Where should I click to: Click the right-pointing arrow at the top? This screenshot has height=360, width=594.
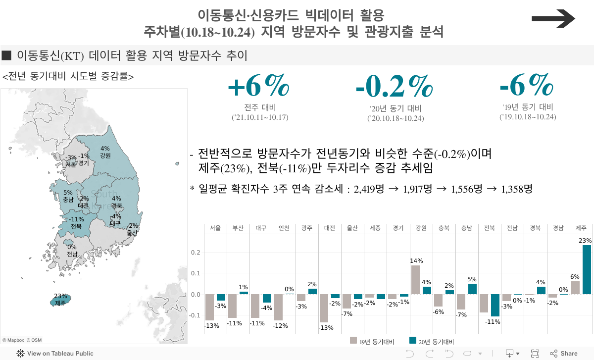click(553, 19)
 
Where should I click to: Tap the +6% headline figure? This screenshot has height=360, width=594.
click(258, 86)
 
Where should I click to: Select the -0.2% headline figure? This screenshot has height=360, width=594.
click(394, 86)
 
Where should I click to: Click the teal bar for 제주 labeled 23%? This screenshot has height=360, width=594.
click(587, 269)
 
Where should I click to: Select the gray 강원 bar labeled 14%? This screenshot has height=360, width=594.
click(415, 280)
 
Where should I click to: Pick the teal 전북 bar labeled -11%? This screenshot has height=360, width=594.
click(495, 305)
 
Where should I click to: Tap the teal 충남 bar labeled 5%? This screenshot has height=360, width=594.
click(472, 289)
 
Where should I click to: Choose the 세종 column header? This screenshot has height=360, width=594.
click(375, 228)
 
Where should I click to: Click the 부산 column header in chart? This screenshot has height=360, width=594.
click(238, 228)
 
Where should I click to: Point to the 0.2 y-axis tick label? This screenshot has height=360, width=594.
click(196, 253)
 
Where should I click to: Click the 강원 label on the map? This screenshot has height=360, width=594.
click(105, 155)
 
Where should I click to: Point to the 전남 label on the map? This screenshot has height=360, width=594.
click(72, 254)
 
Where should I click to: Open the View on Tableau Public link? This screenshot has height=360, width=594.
click(55, 354)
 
